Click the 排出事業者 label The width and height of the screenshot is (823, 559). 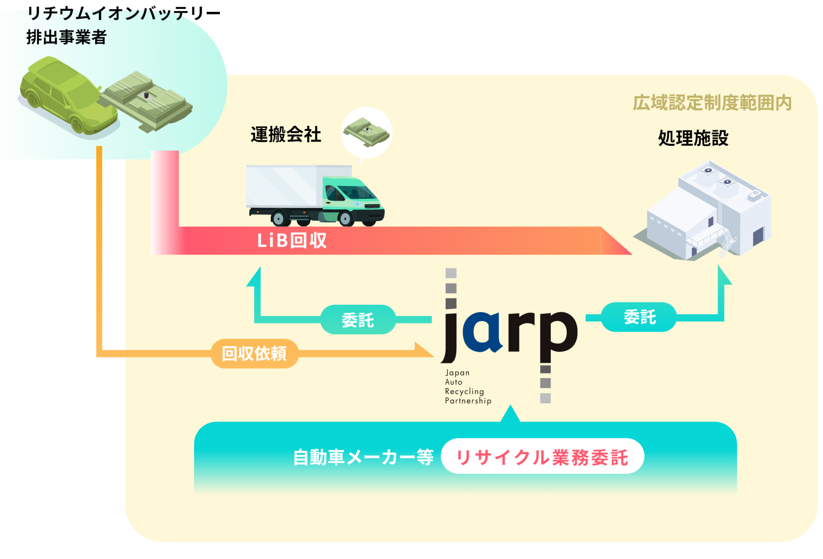click(x=66, y=37)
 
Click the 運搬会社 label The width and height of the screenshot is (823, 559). click(x=286, y=135)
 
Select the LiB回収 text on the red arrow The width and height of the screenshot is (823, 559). click(x=291, y=241)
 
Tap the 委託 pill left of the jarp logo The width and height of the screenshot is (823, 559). click(x=358, y=320)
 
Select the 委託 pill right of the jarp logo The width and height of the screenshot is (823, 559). click(x=639, y=317)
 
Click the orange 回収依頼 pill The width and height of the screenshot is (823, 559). click(x=254, y=353)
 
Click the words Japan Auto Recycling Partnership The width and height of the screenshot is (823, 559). click(x=467, y=387)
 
